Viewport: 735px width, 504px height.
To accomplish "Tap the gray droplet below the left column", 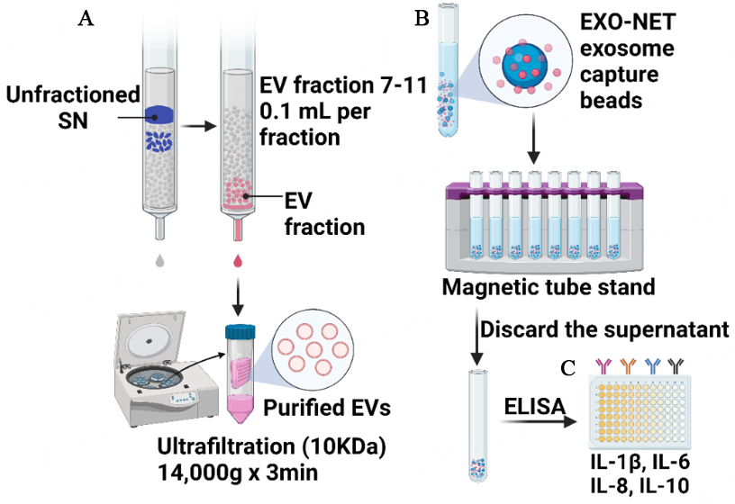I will click(159, 261).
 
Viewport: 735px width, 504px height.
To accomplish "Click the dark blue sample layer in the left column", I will click(160, 114).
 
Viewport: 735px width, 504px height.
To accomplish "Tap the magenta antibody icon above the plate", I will click(603, 364).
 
